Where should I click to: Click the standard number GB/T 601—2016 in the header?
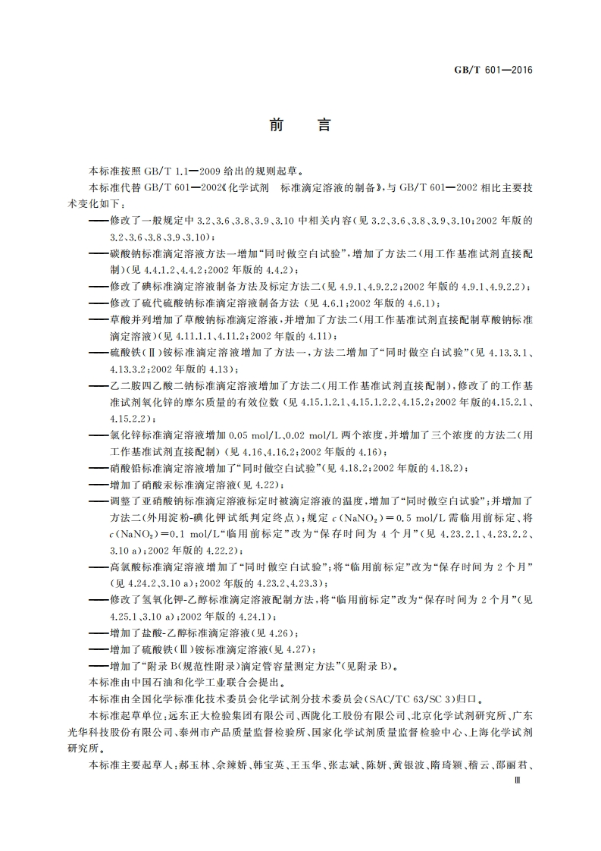pos(493,70)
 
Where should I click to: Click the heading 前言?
pos(300,125)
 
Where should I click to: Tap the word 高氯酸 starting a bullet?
pos(123,567)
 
